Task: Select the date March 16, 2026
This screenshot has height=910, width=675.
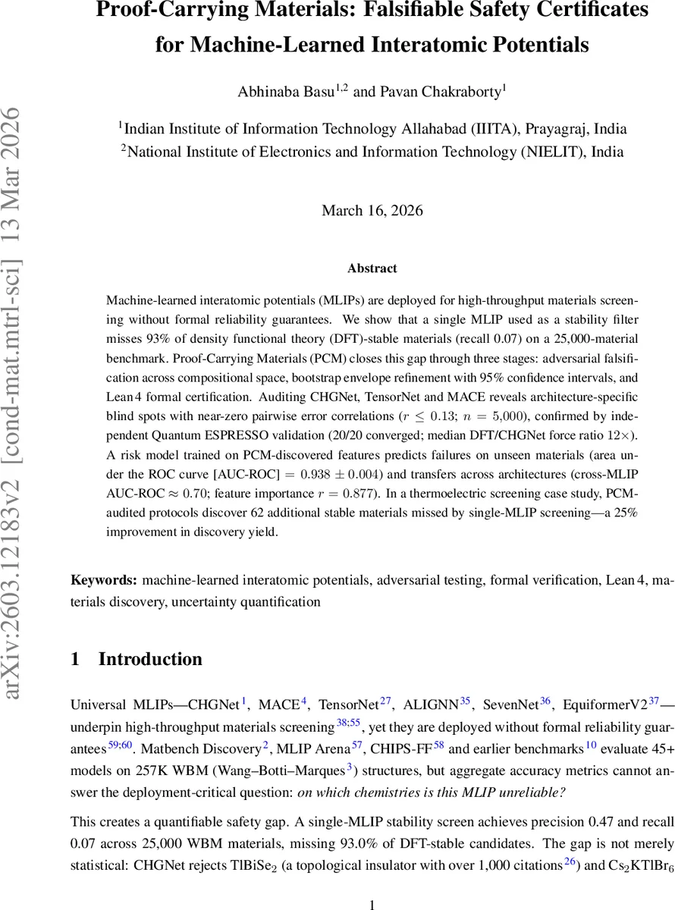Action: click(x=372, y=210)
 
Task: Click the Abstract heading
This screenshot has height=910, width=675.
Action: click(x=372, y=268)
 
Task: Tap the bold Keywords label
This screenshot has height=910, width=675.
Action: click(x=104, y=580)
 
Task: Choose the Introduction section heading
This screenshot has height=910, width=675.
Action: click(x=150, y=659)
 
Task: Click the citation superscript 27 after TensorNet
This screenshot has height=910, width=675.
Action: click(x=385, y=701)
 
